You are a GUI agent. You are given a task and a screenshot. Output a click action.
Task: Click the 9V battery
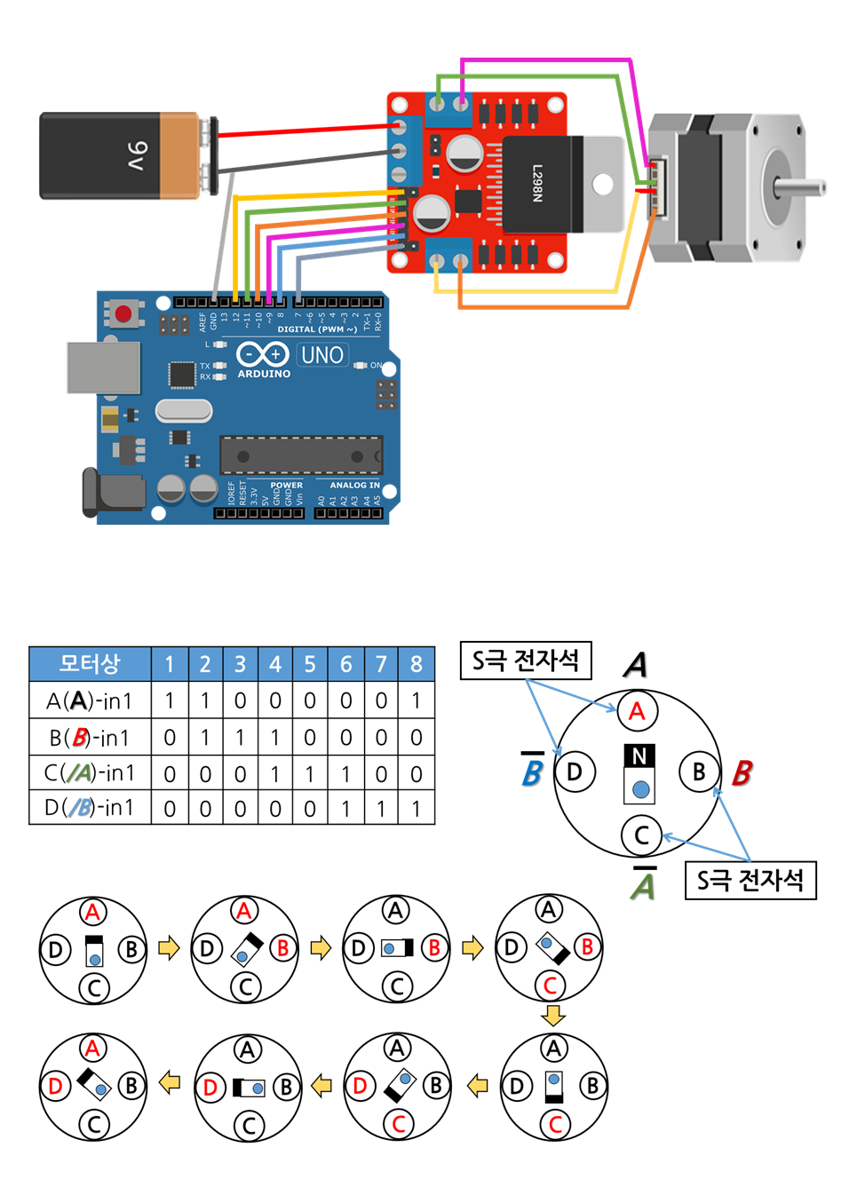(x=120, y=155)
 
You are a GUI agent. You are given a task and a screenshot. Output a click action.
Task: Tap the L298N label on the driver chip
(x=537, y=183)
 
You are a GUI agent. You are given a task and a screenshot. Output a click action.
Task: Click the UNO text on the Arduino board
(x=321, y=355)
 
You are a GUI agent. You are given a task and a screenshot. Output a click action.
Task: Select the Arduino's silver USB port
(x=104, y=368)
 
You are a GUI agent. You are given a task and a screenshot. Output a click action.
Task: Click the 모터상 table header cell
(x=90, y=664)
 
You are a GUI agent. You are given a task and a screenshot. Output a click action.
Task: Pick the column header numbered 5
(x=310, y=664)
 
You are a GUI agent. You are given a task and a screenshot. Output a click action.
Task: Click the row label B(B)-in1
(x=90, y=738)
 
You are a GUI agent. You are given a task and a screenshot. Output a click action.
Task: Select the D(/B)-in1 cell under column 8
(x=416, y=809)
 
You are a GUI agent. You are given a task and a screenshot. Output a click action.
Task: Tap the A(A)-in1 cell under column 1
(x=170, y=701)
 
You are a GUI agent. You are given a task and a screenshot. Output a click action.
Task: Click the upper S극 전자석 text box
(x=526, y=661)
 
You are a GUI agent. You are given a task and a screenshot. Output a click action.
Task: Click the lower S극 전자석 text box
(x=750, y=881)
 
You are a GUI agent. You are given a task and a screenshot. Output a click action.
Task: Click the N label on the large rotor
(x=639, y=756)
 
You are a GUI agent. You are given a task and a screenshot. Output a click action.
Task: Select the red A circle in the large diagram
(x=637, y=711)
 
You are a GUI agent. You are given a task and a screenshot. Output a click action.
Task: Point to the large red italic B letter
(x=742, y=773)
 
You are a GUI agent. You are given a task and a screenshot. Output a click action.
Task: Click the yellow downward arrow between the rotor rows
(x=552, y=1015)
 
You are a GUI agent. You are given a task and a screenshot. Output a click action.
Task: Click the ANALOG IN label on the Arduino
(x=354, y=485)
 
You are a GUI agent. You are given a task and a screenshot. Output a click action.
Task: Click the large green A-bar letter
(x=644, y=886)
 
